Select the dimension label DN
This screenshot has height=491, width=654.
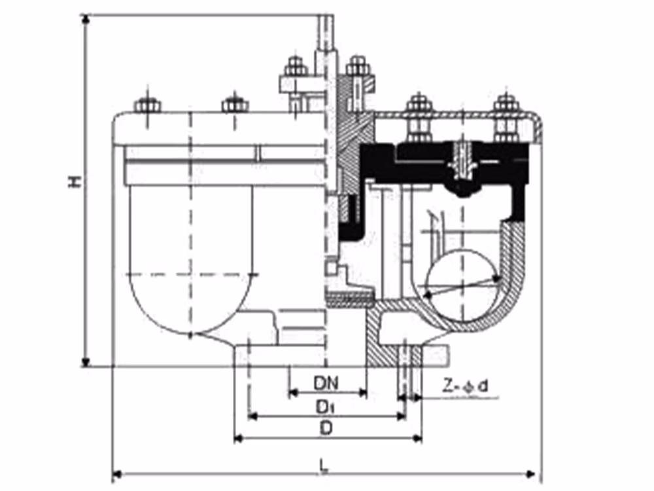326,383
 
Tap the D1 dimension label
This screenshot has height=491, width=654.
325,407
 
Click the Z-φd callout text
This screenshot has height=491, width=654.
465,387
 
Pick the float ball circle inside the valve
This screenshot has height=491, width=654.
462,285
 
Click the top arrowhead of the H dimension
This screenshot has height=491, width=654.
86,20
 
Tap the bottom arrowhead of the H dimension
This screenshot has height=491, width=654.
86,361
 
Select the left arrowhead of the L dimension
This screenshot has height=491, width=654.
118,474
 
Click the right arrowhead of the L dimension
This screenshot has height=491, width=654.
531,474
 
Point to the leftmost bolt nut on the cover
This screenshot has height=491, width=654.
148,104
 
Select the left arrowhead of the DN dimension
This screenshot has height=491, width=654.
294,392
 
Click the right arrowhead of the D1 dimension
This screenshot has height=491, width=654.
401,416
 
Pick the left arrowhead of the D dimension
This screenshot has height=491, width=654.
239,439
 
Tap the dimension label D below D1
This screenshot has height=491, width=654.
326,429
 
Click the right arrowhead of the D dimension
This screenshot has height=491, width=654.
417,439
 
